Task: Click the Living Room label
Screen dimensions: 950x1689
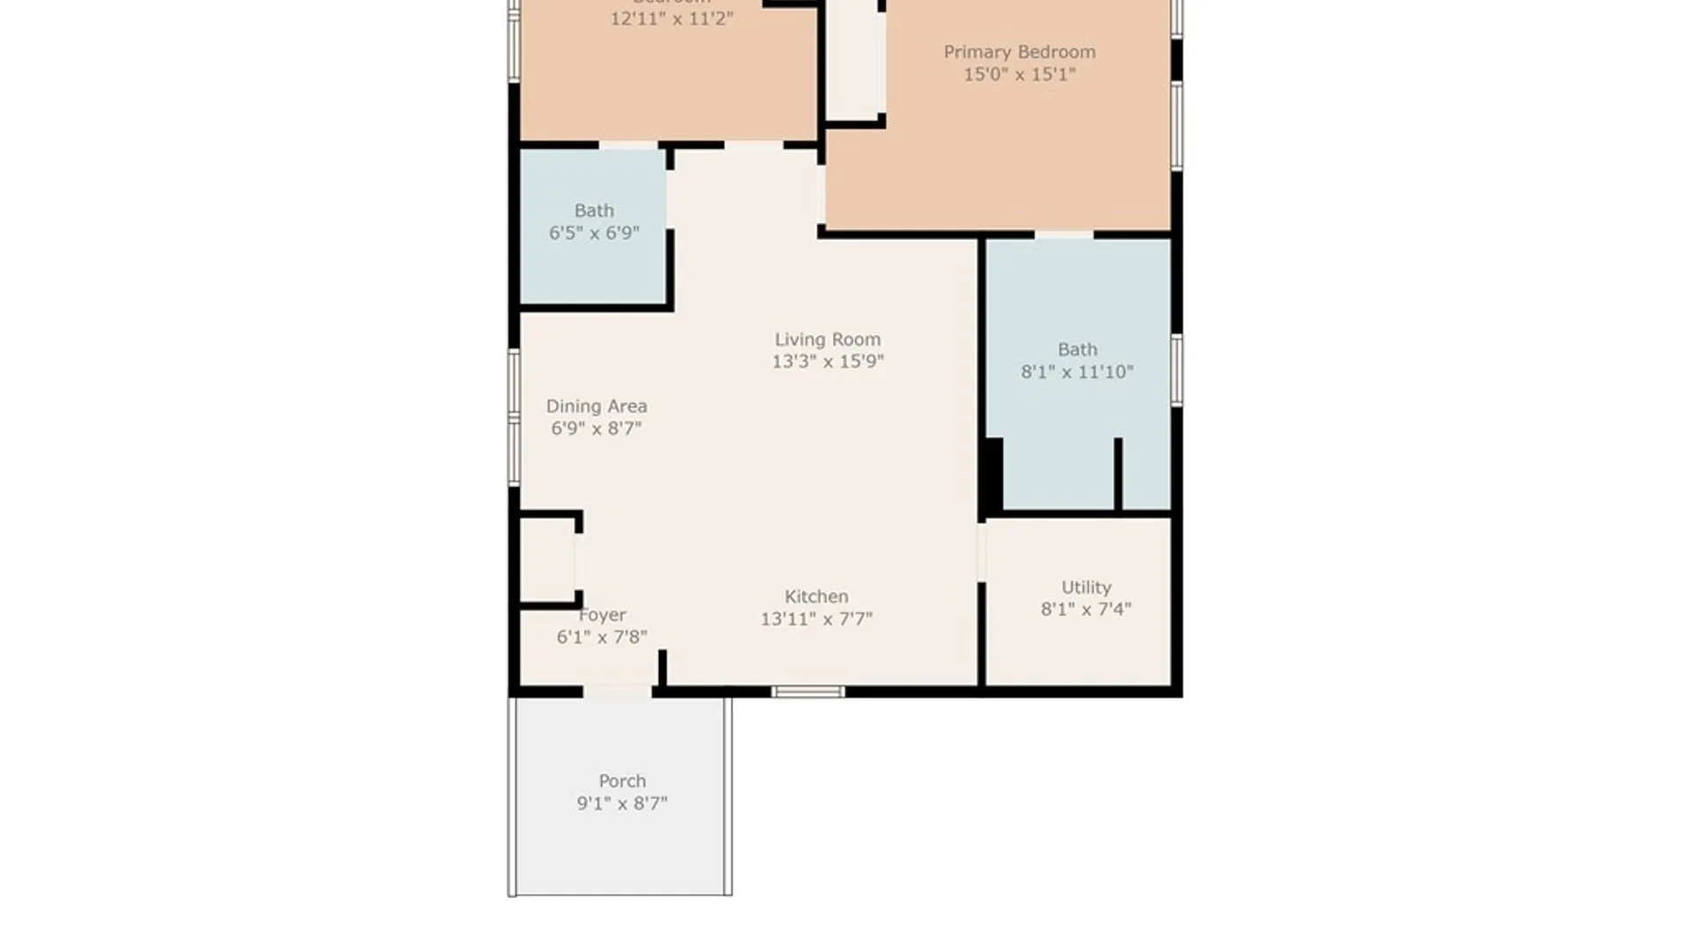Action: tap(827, 339)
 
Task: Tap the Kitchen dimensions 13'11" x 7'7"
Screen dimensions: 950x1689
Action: tap(816, 619)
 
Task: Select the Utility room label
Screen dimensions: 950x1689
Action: tap(1086, 587)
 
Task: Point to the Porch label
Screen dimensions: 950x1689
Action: tap(622, 780)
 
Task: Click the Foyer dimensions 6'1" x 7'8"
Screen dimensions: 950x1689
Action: tap(602, 637)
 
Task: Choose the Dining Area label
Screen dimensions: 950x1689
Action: tap(596, 406)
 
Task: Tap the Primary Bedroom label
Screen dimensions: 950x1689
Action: tap(1020, 52)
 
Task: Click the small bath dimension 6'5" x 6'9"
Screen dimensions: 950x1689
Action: tap(594, 233)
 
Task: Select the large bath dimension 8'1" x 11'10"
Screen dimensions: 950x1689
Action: tap(1077, 372)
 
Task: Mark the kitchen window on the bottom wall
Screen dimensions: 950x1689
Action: tap(808, 692)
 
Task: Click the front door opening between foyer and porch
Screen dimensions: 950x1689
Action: tap(618, 692)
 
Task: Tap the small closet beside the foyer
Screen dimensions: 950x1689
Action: tap(547, 560)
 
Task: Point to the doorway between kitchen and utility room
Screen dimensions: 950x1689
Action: tap(982, 552)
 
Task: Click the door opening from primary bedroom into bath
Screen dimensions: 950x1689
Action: tap(1064, 235)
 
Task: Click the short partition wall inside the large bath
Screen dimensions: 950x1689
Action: tap(1118, 473)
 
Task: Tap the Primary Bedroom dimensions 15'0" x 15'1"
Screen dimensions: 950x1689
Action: tap(1020, 75)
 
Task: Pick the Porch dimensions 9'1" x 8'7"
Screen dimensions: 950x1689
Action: tap(622, 803)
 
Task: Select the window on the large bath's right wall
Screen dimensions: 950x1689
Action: tap(1177, 369)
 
